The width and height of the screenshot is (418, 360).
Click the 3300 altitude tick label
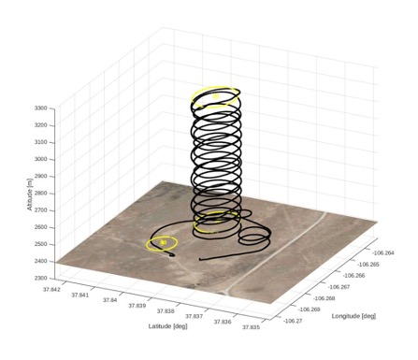tap(41, 108)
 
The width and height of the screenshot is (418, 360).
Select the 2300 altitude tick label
tap(41, 278)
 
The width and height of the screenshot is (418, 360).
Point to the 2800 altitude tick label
tap(41, 194)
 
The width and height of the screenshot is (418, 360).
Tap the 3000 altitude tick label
tap(41, 159)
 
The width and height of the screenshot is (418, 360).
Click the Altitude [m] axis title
tap(30, 194)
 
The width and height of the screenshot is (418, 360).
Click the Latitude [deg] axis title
tap(167, 326)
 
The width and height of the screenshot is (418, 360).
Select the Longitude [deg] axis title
tap(353, 316)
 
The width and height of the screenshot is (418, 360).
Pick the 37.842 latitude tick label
tap(51, 289)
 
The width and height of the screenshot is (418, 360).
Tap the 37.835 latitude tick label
tap(251, 327)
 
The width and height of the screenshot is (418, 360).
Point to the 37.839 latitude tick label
tap(137, 306)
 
